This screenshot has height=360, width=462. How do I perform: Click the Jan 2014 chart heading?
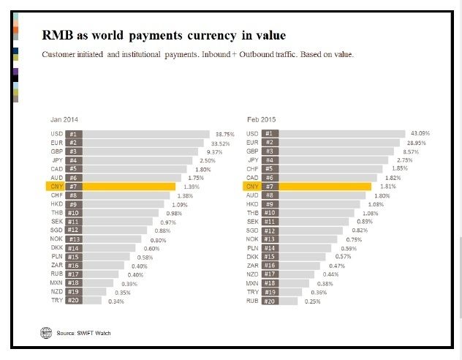point(64,119)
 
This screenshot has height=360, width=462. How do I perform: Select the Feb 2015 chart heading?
point(262,119)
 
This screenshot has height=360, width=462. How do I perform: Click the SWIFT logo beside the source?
point(46,333)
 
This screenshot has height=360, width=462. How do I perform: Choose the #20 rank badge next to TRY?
point(73,300)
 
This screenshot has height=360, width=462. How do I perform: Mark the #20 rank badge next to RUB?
point(270,300)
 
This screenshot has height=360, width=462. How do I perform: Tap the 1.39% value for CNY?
point(192,187)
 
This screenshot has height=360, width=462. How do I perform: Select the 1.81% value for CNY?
point(388,187)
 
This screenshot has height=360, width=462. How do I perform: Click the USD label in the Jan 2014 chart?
point(57,134)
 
